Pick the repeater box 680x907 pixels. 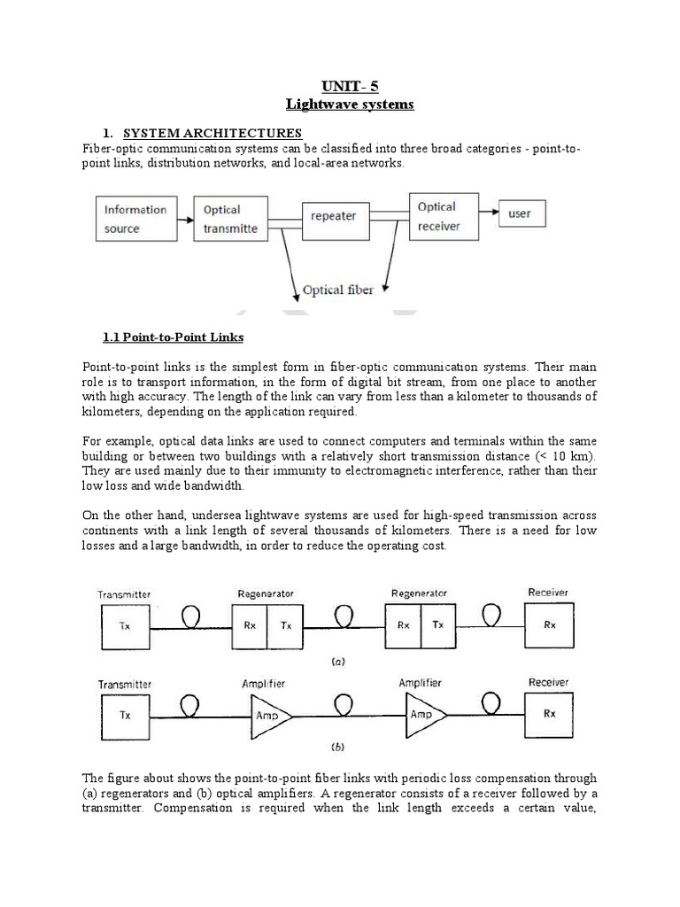[333, 215]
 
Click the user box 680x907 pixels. [520, 213]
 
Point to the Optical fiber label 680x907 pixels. [337, 290]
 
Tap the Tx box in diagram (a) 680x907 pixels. [125, 624]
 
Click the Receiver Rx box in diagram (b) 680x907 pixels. [549, 713]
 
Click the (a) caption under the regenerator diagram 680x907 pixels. [337, 661]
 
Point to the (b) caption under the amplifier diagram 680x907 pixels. [337, 747]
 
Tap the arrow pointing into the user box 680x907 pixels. [490, 213]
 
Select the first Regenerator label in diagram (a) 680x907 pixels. [266, 593]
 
